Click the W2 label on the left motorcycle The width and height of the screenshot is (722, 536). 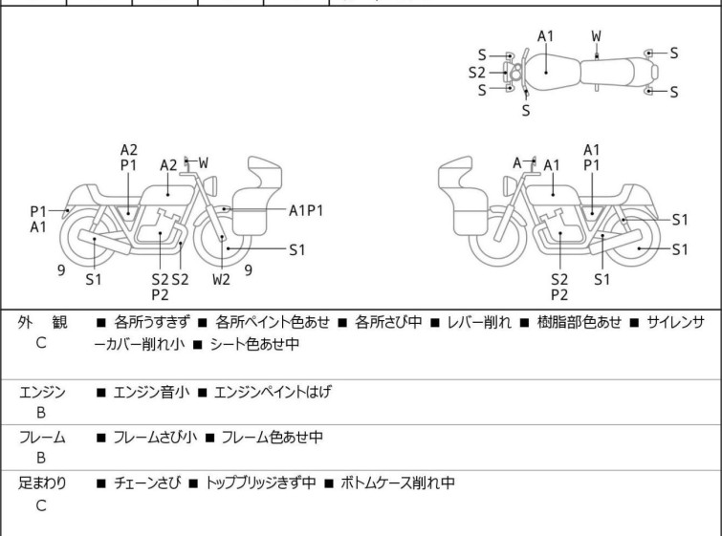click(221, 280)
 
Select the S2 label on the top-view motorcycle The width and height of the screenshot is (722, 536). click(477, 72)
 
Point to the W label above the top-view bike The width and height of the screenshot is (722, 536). click(596, 36)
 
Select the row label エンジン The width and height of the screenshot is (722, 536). click(42, 391)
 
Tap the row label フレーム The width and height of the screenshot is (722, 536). click(42, 438)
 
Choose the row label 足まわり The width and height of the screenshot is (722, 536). click(42, 483)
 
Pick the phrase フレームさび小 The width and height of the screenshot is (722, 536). click(155, 438)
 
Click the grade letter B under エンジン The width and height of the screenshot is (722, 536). click(41, 412)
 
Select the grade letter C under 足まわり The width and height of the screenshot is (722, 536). click(41, 505)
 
